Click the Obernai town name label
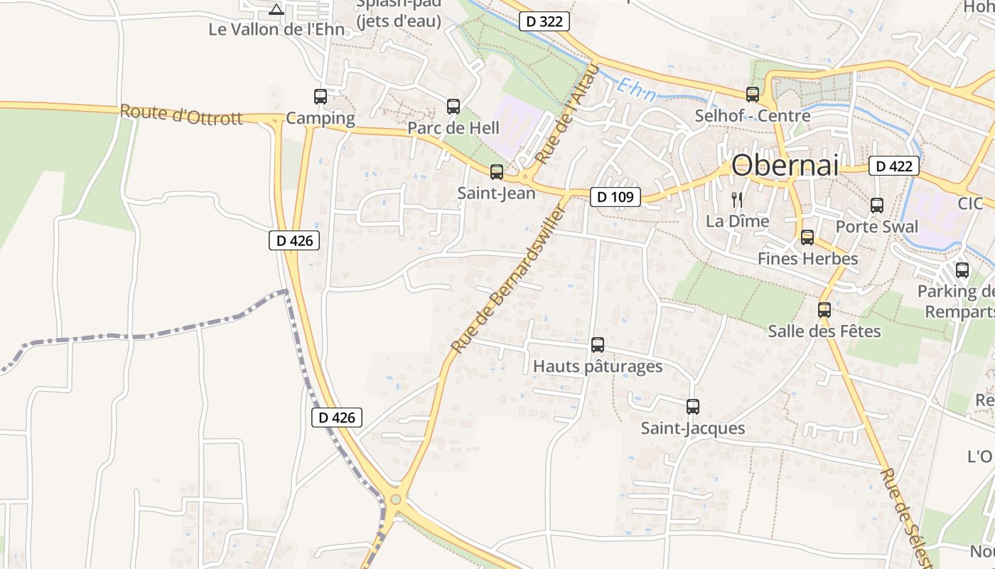(785, 165)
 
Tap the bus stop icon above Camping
(321, 96)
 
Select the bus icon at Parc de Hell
(453, 107)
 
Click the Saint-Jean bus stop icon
(497, 171)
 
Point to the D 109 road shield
(615, 197)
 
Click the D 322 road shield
(545, 21)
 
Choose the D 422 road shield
(893, 166)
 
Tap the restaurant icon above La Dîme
(737, 199)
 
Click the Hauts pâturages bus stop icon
(598, 345)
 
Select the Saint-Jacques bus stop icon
(693, 407)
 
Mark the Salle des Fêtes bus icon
(824, 309)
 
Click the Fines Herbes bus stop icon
(807, 237)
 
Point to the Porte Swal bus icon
(877, 205)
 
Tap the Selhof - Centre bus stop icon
(753, 94)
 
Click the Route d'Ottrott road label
(181, 115)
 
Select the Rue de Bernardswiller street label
(510, 279)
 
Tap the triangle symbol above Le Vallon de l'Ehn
(276, 9)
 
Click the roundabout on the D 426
(396, 499)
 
